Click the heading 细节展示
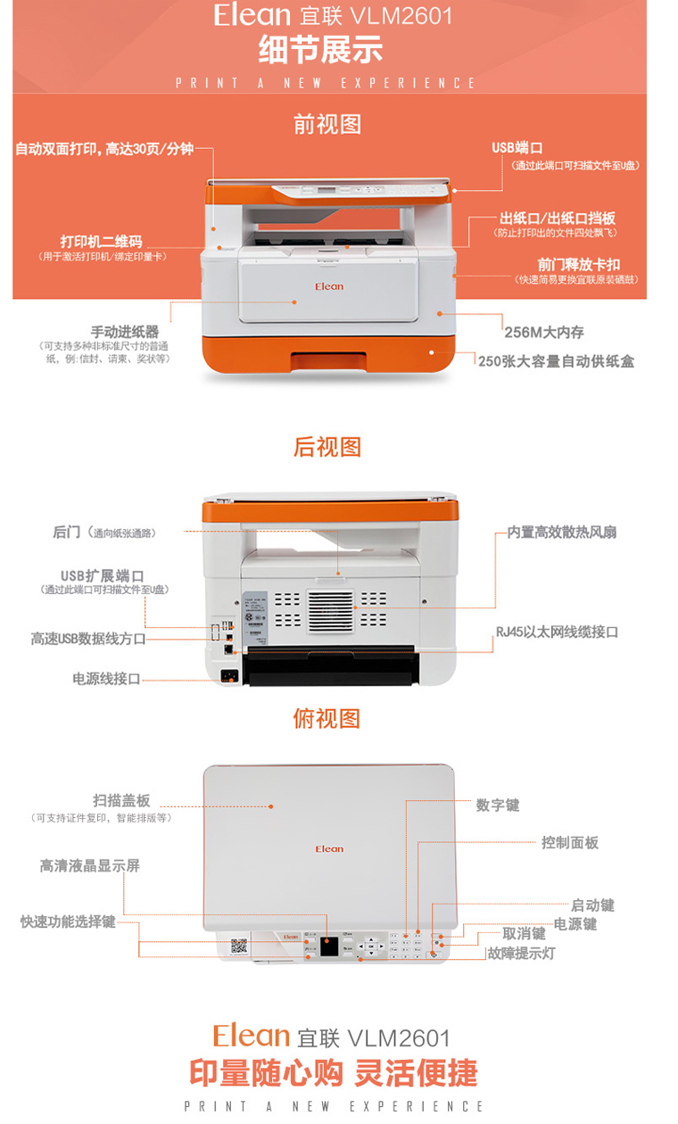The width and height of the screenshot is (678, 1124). (320, 49)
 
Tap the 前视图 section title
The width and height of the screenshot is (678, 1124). (327, 124)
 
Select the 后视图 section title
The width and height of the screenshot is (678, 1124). (327, 447)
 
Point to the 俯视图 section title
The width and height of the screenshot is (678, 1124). (327, 718)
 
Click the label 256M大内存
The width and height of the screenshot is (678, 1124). (544, 332)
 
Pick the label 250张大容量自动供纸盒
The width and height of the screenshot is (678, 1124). (556, 361)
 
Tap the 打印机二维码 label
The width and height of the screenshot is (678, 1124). (101, 242)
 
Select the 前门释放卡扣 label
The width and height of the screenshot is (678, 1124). (578, 265)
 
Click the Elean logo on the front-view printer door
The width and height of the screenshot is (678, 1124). (329, 286)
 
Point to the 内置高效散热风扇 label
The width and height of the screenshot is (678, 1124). (562, 533)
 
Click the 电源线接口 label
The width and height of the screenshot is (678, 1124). (106, 679)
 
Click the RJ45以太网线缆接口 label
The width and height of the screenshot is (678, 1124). (558, 632)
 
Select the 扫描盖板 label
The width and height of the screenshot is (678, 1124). (121, 800)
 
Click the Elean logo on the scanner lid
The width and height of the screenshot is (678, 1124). (329, 848)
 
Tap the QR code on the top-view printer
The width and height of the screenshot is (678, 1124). (239, 946)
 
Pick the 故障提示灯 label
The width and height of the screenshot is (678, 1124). (521, 954)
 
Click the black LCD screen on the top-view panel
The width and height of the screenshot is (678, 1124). (329, 946)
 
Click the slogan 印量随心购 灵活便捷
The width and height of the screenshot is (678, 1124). (334, 1073)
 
